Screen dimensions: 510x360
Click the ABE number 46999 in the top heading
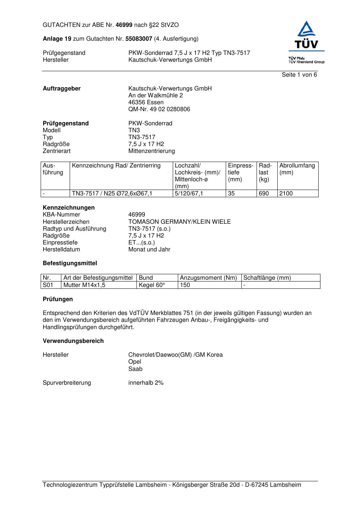coord(124,25)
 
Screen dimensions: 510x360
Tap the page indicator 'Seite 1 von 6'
coord(299,75)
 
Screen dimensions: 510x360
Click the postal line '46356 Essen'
coord(146,102)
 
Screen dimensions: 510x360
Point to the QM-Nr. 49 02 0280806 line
coord(159,109)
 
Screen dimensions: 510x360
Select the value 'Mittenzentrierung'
coord(151,151)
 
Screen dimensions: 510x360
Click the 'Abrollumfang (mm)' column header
coord(297,169)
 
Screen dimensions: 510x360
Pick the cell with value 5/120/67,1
coord(189,194)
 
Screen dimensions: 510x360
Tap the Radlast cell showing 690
coord(263,194)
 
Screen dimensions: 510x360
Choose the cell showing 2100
coord(286,194)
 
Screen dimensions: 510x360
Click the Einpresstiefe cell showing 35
coord(231,194)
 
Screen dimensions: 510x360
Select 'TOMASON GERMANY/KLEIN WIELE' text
coord(179,222)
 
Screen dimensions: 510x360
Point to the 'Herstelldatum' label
coord(61,250)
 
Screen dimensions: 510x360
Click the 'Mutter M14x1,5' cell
coord(84,285)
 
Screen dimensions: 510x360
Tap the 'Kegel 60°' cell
coord(152,285)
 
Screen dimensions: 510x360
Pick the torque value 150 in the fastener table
coord(185,285)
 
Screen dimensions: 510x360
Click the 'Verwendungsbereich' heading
coord(73,341)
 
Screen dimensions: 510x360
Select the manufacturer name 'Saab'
coord(135,369)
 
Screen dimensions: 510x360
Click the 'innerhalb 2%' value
coord(146,383)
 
